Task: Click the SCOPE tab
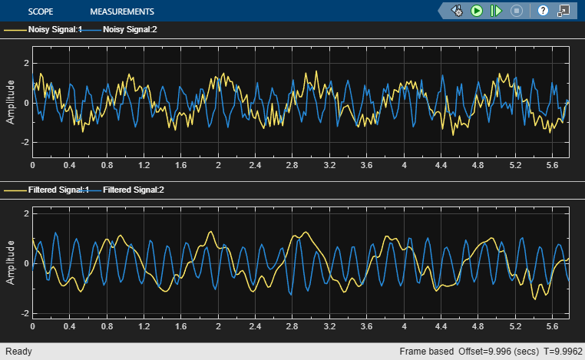point(41,12)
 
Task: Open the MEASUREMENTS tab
point(121,12)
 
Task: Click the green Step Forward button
point(496,11)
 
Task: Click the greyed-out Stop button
point(517,11)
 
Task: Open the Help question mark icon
point(543,11)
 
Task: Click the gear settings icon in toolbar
point(458,11)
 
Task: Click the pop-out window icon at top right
point(564,11)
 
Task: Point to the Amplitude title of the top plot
point(11,103)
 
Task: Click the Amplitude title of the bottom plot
point(11,263)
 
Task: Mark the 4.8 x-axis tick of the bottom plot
point(478,325)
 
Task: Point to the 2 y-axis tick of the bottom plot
point(25,213)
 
